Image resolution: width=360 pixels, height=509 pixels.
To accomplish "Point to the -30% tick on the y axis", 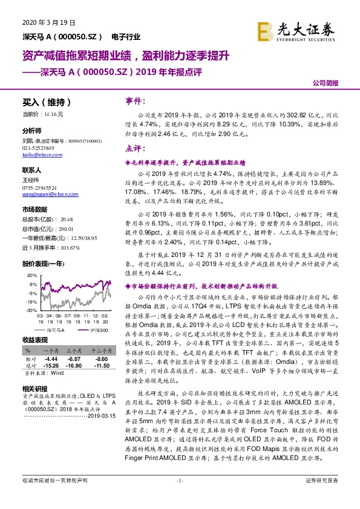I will pyautogui.click(x=31, y=310).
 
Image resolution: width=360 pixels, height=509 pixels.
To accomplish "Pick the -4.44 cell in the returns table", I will pyautogui.click(x=50, y=358).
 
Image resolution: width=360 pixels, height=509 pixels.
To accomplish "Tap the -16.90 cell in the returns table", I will pyautogui.click(x=74, y=365).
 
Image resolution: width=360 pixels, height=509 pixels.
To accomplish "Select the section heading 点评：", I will pyautogui.click(x=133, y=148).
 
